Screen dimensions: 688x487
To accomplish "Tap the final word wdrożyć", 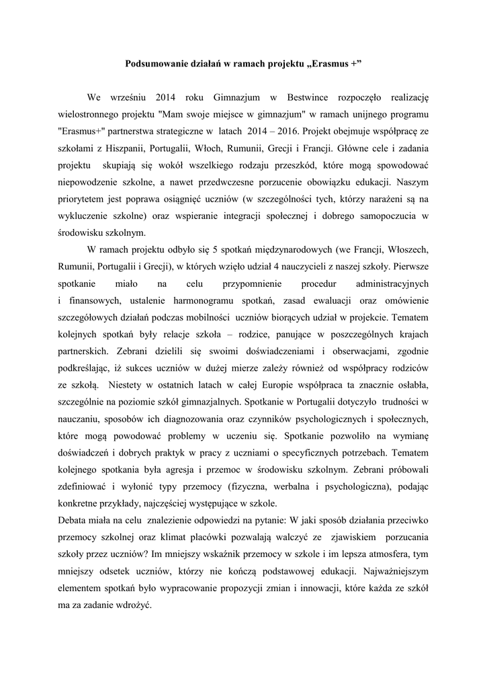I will (134, 604).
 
